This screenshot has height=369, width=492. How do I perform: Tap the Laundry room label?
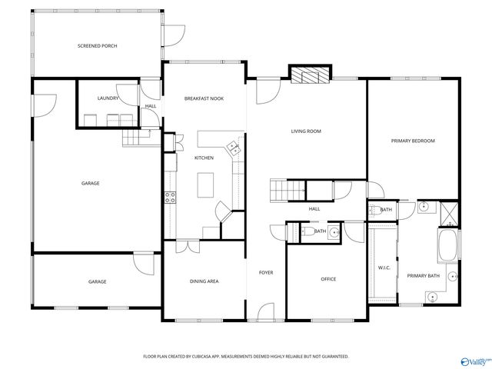108,99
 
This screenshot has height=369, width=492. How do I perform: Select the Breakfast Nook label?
204,99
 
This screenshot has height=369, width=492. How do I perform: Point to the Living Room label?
305,131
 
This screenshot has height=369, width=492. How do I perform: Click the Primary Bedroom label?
413,141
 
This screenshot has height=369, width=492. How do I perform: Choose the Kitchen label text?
204,158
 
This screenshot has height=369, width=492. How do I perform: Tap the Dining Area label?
204,281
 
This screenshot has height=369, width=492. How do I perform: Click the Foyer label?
266,272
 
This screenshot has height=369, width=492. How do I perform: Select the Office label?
328,279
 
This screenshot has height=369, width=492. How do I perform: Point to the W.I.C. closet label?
384,268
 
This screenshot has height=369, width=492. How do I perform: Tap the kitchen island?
204,185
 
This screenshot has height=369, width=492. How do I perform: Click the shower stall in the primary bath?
450,211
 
